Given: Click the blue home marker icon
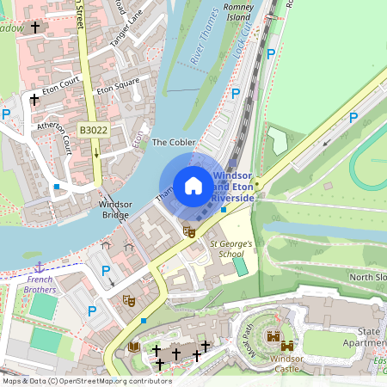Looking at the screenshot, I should [193, 185].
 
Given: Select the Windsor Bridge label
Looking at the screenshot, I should [114, 209].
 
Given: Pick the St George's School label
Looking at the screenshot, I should [231, 249].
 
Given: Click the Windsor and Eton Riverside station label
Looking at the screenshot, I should [233, 186].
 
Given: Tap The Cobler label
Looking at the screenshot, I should [174, 142].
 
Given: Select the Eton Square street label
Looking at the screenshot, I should [118, 86].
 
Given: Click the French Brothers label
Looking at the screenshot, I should [40, 285].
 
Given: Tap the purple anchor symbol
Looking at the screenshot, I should [38, 268].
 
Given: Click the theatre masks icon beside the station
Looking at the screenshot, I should [189, 230].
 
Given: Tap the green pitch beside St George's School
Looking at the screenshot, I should [240, 267].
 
